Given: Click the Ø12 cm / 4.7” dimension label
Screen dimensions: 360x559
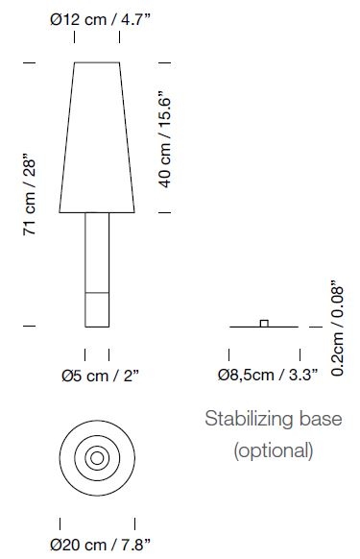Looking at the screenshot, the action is click(101, 18).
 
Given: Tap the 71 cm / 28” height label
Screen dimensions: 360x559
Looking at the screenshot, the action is click(29, 194).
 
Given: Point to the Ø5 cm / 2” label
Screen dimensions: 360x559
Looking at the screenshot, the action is click(100, 376).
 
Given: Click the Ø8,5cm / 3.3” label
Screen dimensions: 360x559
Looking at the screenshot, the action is click(268, 375).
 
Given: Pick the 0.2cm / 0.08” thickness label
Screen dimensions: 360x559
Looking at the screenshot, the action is click(337, 328).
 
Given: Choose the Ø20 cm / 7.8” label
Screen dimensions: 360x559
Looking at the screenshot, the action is click(101, 545).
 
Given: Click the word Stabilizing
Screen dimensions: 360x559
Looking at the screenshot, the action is click(249, 419).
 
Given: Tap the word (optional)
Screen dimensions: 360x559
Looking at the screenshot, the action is click(274, 450).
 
